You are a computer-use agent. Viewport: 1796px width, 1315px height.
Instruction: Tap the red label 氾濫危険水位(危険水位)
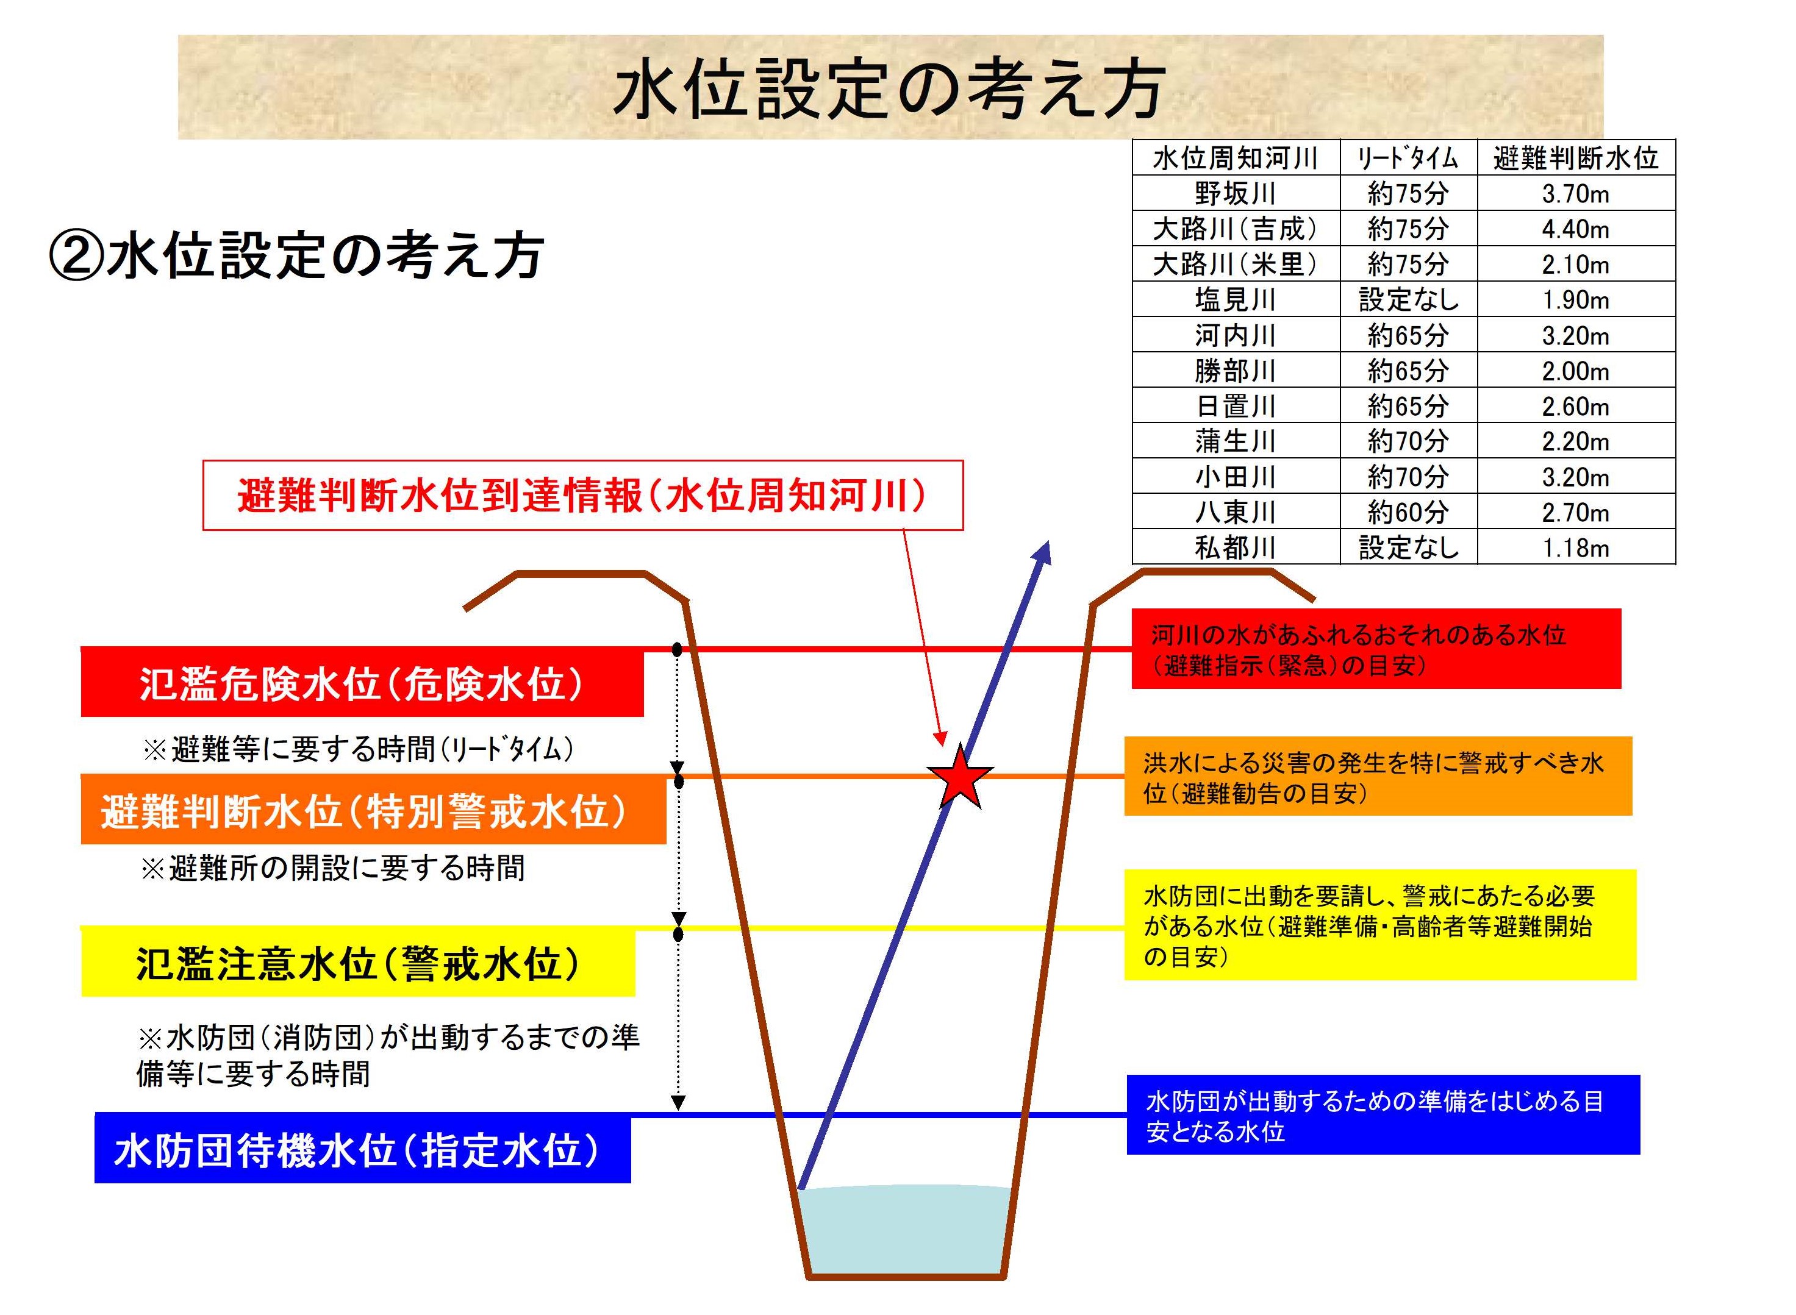point(362,683)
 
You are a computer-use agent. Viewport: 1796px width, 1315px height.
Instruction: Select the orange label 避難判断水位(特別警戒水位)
point(373,811)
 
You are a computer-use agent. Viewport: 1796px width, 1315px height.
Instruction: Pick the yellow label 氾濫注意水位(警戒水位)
point(358,963)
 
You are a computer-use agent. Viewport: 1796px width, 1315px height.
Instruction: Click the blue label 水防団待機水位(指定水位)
point(362,1149)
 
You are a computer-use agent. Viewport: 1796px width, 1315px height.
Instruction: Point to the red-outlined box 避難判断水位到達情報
point(583,495)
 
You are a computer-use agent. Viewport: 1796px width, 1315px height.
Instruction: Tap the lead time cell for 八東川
point(1408,512)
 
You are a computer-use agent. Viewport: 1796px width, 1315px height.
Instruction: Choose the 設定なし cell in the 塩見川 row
point(1408,299)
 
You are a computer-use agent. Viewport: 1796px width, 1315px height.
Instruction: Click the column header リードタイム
point(1408,159)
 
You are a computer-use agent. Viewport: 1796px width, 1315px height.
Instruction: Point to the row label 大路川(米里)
point(1236,264)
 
